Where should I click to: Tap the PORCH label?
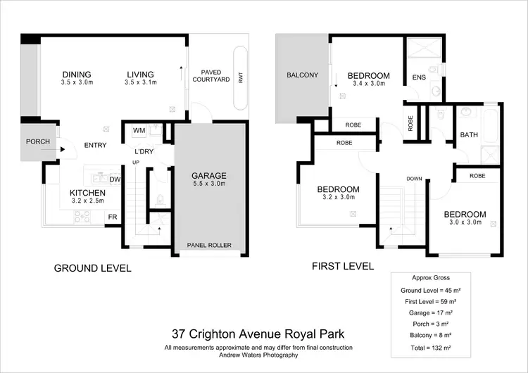(x=38, y=141)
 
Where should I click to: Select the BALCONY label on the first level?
(x=303, y=75)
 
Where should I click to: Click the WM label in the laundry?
(x=139, y=130)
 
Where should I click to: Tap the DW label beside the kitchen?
(x=115, y=179)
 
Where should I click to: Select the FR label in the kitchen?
(x=111, y=217)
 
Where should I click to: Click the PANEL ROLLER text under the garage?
(x=209, y=246)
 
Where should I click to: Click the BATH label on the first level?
(x=469, y=135)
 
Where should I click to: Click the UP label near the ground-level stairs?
(x=137, y=163)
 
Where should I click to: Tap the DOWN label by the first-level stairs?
(x=414, y=179)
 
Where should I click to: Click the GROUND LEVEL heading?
(x=93, y=268)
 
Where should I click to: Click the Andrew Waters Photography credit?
(x=258, y=355)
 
